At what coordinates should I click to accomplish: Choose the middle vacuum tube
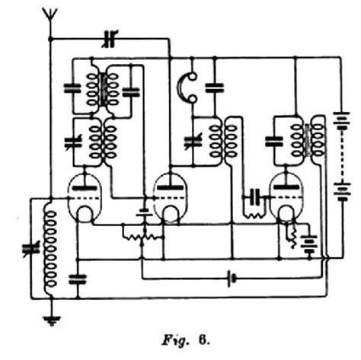point(169,196)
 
